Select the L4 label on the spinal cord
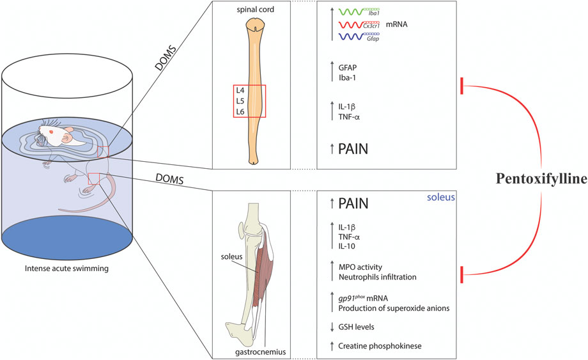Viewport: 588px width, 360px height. coord(240,91)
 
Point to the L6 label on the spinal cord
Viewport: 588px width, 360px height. coord(240,111)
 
